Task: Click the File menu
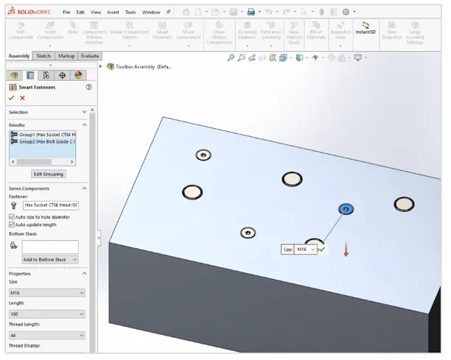[x=66, y=13]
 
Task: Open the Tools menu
[x=130, y=13]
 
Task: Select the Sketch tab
[x=43, y=56]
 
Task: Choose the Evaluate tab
[x=90, y=56]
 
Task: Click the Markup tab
[x=66, y=56]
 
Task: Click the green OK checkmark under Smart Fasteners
[x=11, y=98]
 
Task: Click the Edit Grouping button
[x=49, y=174]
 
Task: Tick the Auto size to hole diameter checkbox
[x=11, y=217]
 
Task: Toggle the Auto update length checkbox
[x=11, y=225]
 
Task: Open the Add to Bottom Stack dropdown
[x=49, y=259]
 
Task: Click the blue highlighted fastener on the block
[x=344, y=210]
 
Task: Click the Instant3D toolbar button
[x=366, y=28]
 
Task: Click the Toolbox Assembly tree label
[x=144, y=66]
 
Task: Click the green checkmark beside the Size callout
[x=322, y=250]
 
